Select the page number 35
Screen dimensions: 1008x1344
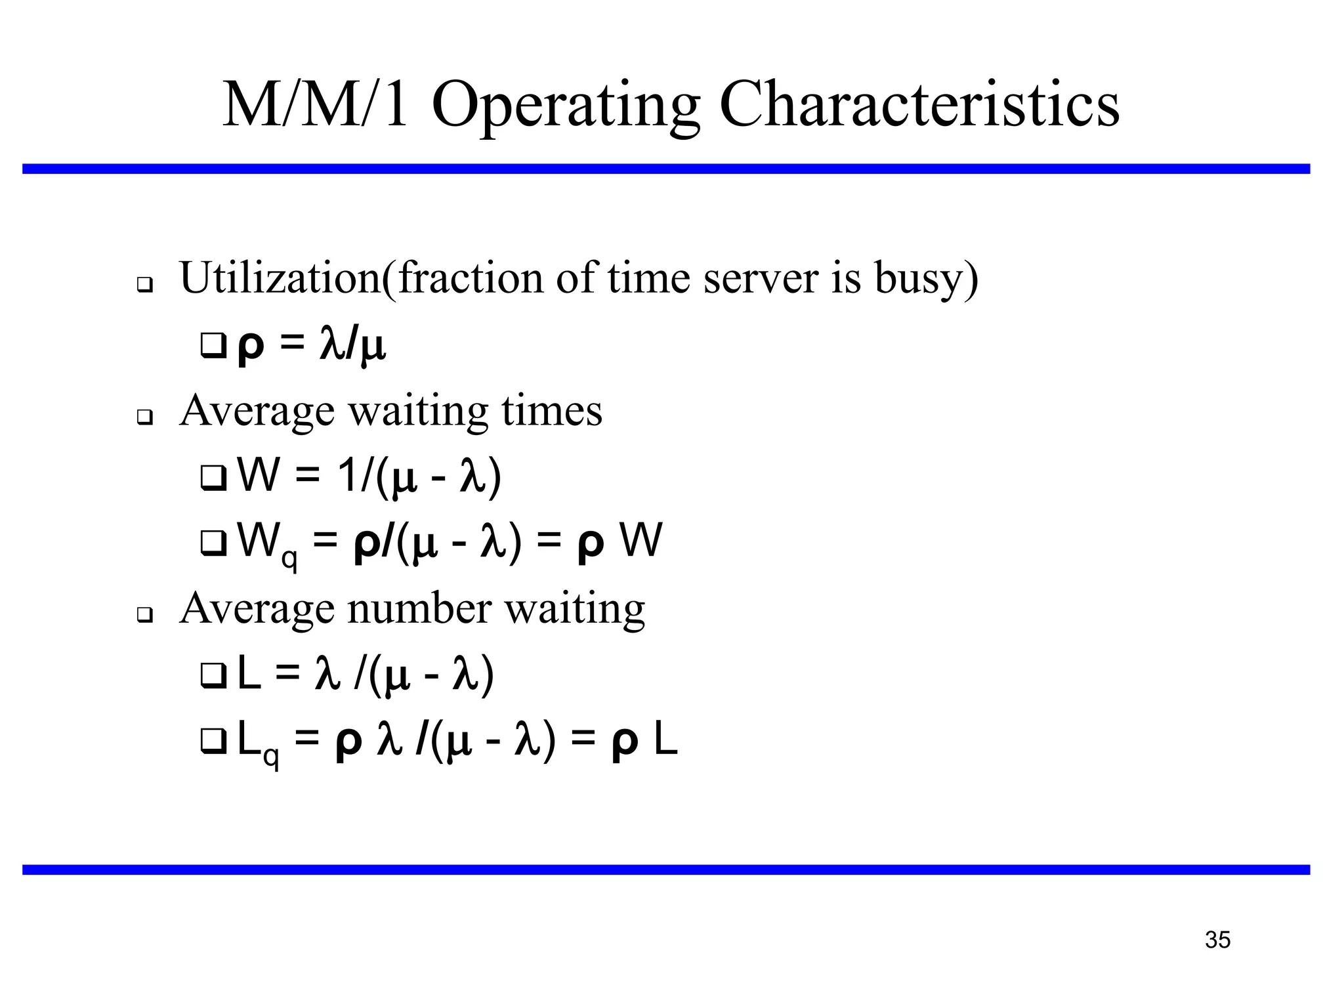(1217, 940)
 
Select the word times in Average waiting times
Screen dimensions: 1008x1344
(551, 411)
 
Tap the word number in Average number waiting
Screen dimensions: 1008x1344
(419, 608)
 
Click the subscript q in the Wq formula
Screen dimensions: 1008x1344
(289, 559)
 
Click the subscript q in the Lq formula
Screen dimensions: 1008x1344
(270, 757)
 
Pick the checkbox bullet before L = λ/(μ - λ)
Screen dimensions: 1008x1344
(213, 676)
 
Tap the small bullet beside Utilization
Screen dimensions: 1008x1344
(144, 285)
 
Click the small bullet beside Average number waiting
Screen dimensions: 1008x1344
(144, 615)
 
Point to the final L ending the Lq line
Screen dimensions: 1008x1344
(665, 741)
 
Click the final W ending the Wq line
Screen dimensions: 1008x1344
(641, 541)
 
